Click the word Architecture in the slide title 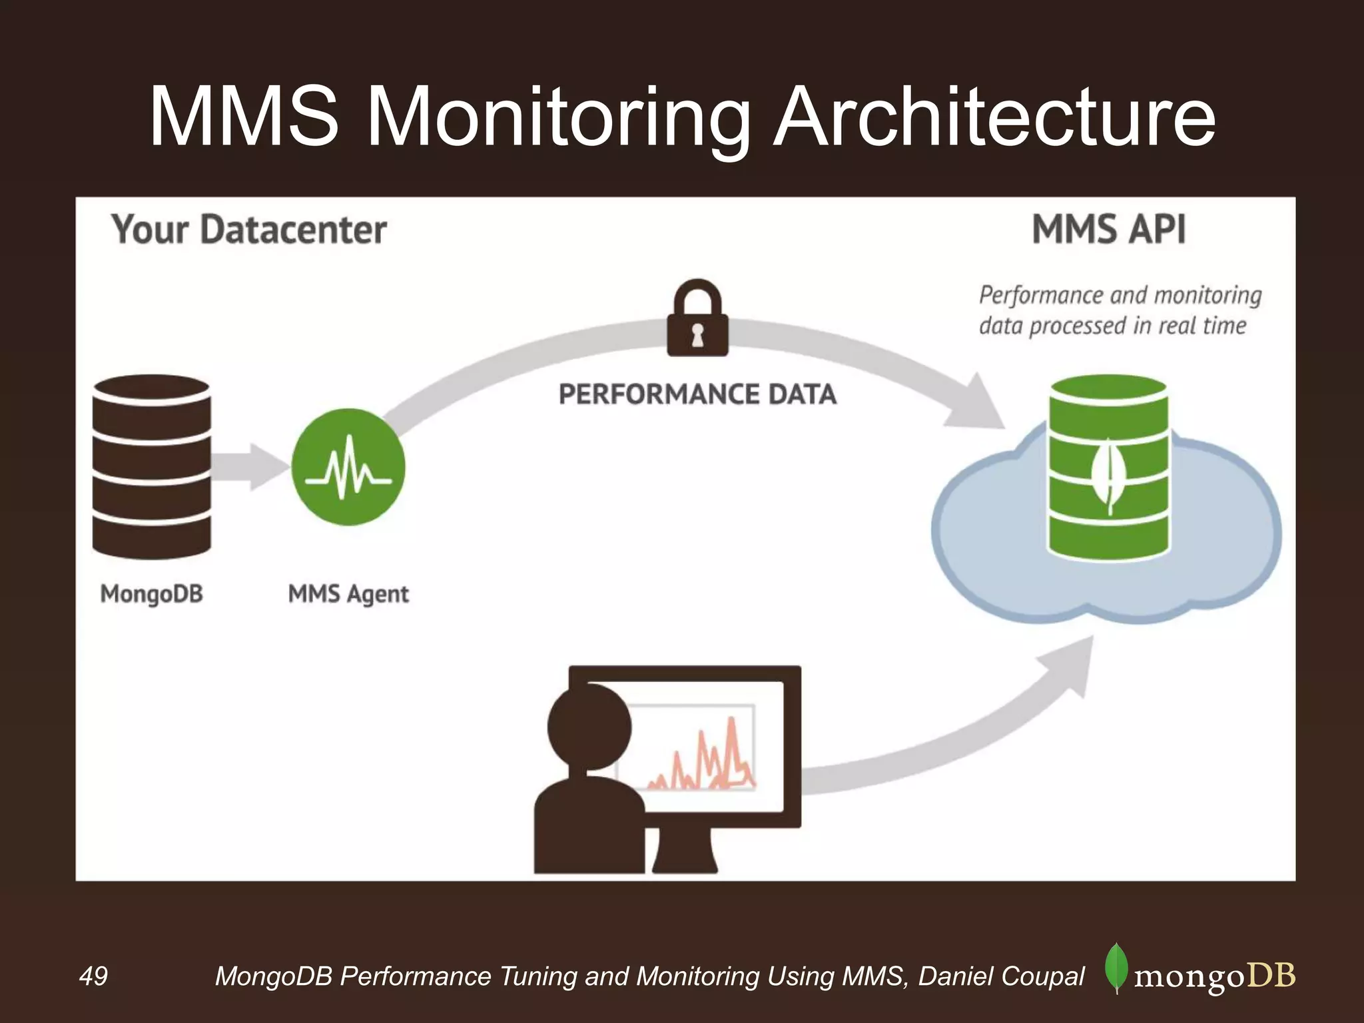994,119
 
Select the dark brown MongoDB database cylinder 152,466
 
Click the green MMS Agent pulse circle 348,467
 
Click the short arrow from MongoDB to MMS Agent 250,467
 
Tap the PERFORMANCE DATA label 697,394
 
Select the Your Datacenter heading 248,230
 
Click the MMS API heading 1109,230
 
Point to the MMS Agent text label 348,593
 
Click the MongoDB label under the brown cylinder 152,593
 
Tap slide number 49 93,976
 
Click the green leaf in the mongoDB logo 1116,968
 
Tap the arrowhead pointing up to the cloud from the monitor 1069,666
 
